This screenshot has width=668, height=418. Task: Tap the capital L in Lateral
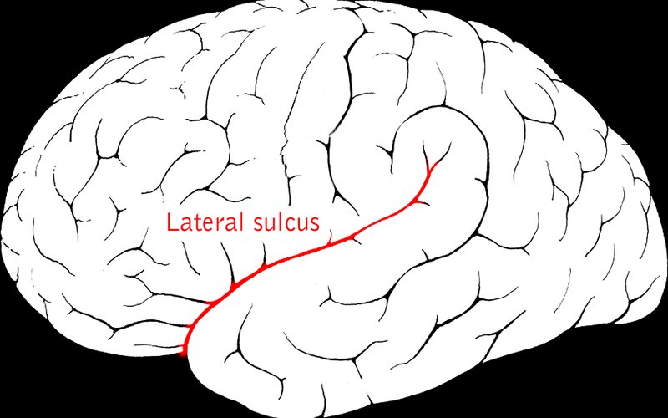pyautogui.click(x=172, y=223)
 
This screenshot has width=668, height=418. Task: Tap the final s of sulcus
pyautogui.click(x=315, y=226)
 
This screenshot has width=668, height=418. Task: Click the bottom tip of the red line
pyautogui.click(x=185, y=354)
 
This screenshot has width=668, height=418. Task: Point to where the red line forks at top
pyautogui.click(x=428, y=171)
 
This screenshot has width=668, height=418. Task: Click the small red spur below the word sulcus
pyautogui.click(x=331, y=242)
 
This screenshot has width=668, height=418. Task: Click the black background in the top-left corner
pyautogui.click(x=17, y=17)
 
